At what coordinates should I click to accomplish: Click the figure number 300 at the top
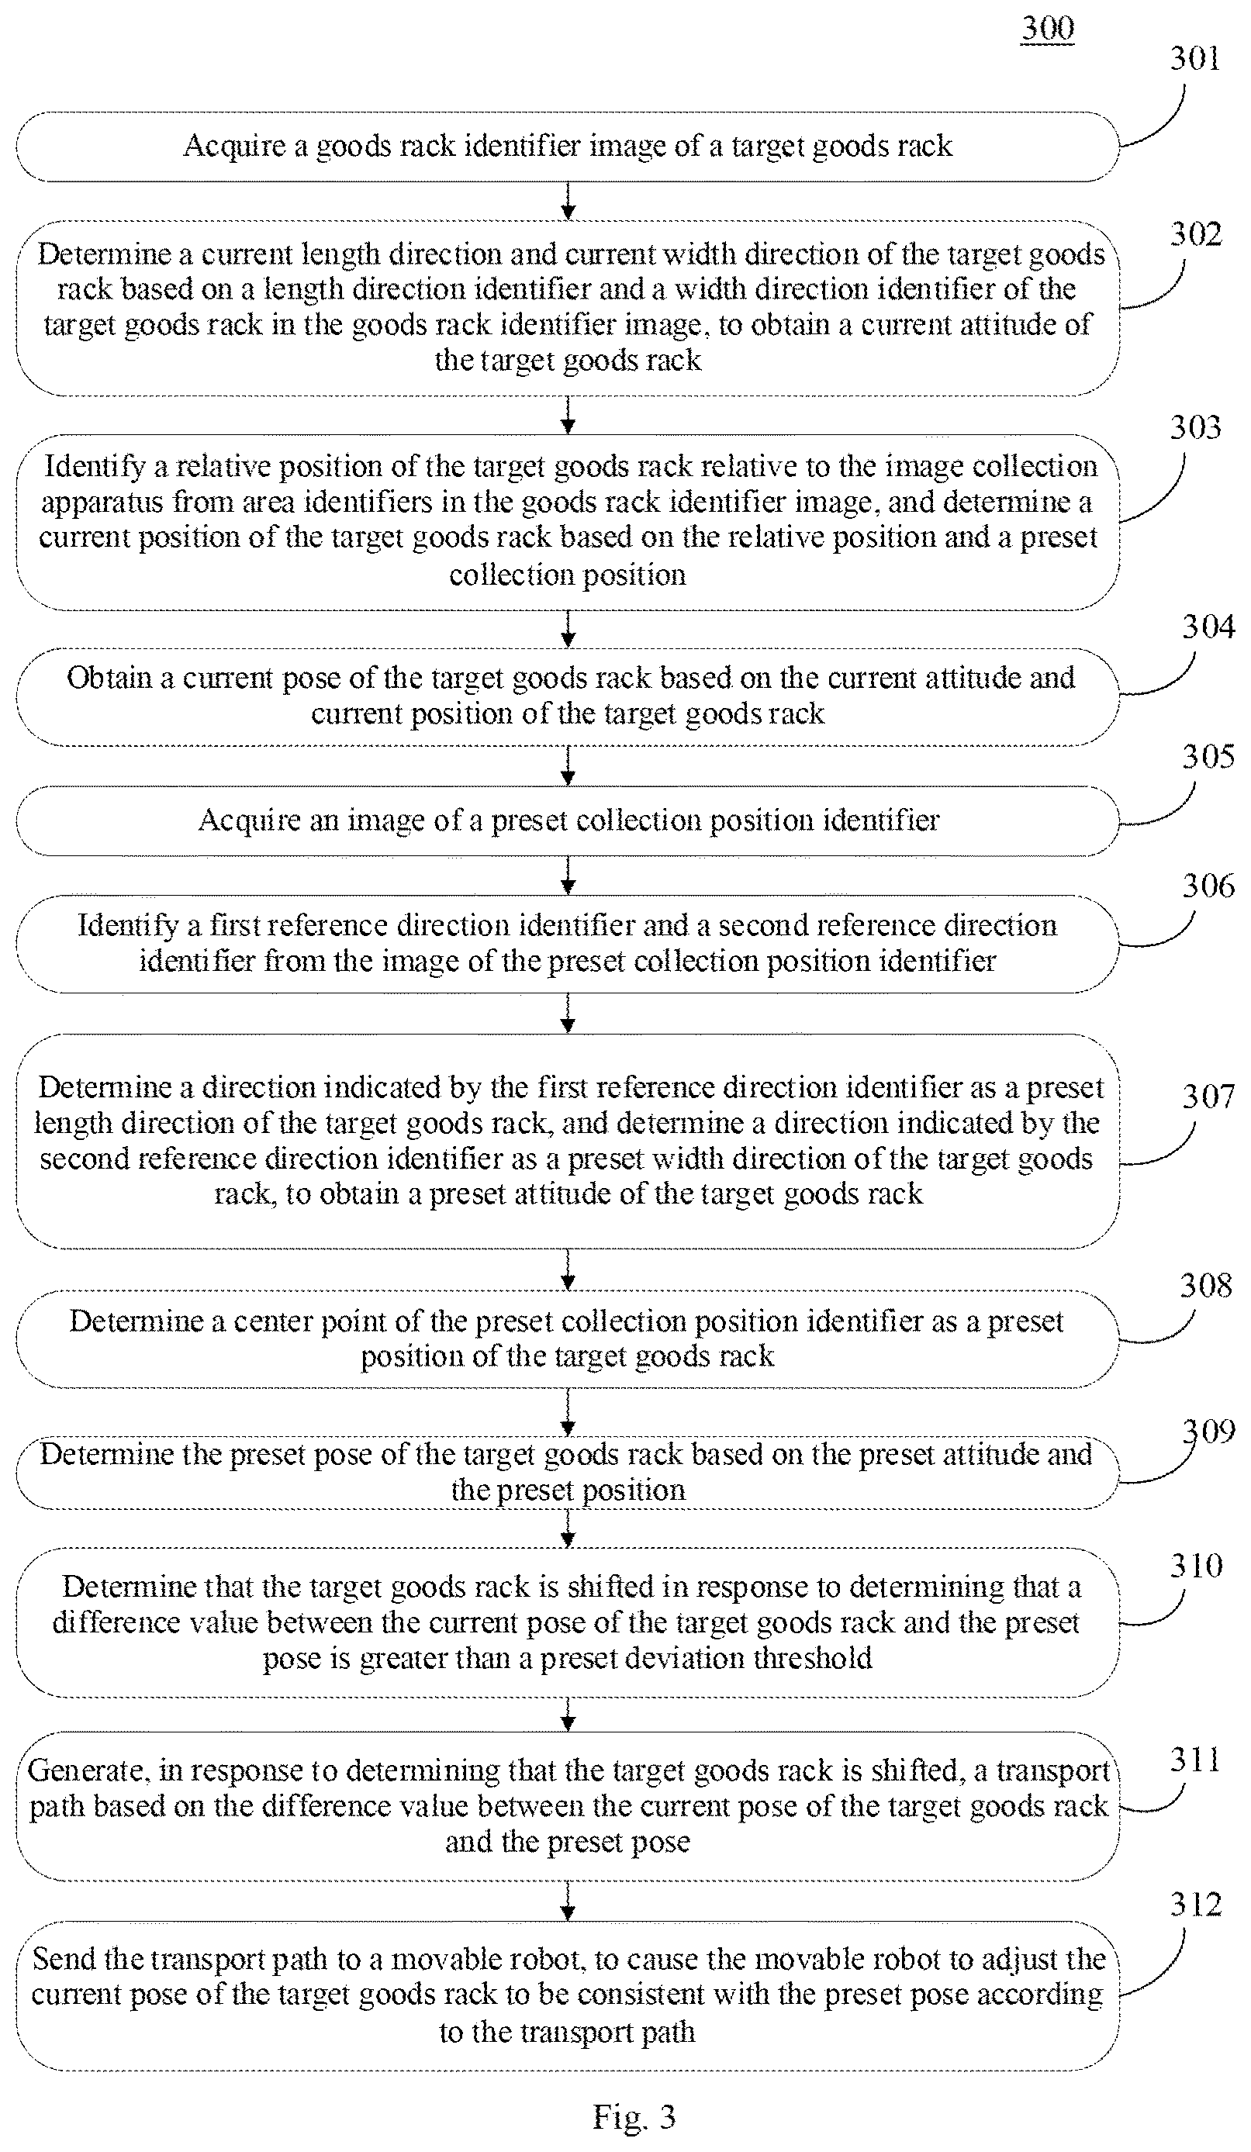coord(1047,28)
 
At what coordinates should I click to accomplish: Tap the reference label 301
coord(1194,58)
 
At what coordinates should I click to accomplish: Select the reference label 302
coord(1195,234)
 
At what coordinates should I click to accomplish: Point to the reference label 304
coord(1208,626)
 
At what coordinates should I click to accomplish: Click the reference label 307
coord(1208,1096)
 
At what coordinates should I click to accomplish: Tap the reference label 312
coord(1195,1905)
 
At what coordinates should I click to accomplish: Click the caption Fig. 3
coord(634,2117)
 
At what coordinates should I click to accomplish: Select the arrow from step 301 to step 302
coord(568,202)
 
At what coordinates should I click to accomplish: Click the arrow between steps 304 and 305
coord(568,766)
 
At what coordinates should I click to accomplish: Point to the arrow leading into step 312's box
coord(568,1902)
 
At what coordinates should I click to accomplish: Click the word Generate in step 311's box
coord(85,1771)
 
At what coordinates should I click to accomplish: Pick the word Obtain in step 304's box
coord(109,677)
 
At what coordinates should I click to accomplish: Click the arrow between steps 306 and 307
coord(568,1014)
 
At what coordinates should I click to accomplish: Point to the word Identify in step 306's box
coord(128,926)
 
